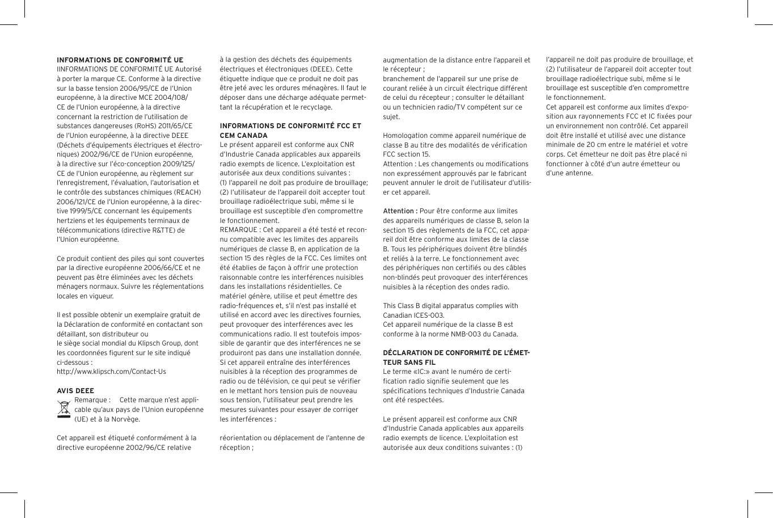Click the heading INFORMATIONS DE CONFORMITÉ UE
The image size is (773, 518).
pos(120,60)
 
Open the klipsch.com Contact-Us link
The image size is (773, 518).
pos(111,372)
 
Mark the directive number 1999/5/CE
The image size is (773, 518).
pos(83,211)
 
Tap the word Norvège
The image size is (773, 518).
pos(126,419)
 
